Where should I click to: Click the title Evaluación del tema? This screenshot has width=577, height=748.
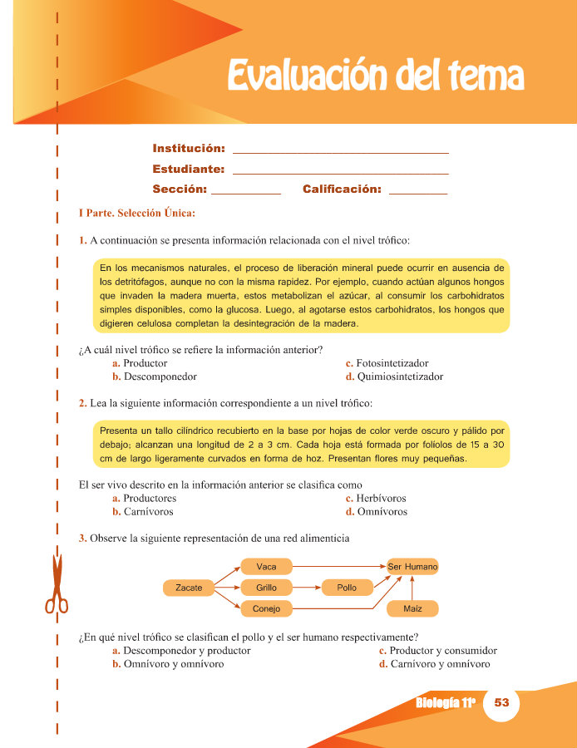click(375, 76)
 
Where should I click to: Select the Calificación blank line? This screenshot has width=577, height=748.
click(417, 193)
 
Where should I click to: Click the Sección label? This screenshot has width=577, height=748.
click(180, 189)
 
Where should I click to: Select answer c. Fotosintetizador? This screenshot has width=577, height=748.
click(387, 363)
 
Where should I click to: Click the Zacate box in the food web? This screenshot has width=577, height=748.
click(189, 588)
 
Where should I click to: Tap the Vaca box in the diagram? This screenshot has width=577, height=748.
click(266, 567)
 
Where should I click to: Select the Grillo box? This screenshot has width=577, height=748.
click(266, 588)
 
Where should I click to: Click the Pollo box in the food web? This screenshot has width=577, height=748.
click(347, 588)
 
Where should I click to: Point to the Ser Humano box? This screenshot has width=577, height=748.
click(412, 567)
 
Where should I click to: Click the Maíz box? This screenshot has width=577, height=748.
click(412, 609)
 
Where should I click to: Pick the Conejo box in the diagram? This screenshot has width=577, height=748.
click(266, 609)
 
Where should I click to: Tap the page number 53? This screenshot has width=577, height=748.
click(501, 702)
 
